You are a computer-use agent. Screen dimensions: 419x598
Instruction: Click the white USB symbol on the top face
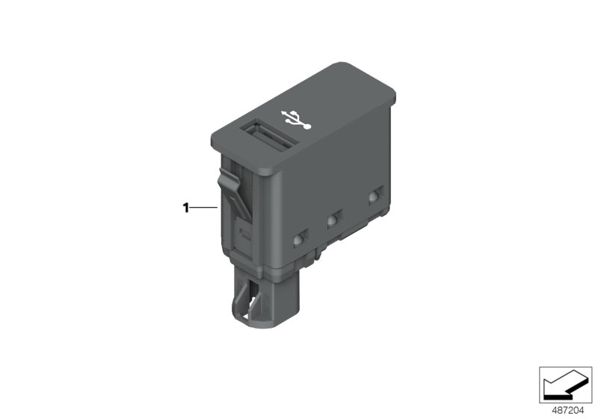click(x=297, y=120)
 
